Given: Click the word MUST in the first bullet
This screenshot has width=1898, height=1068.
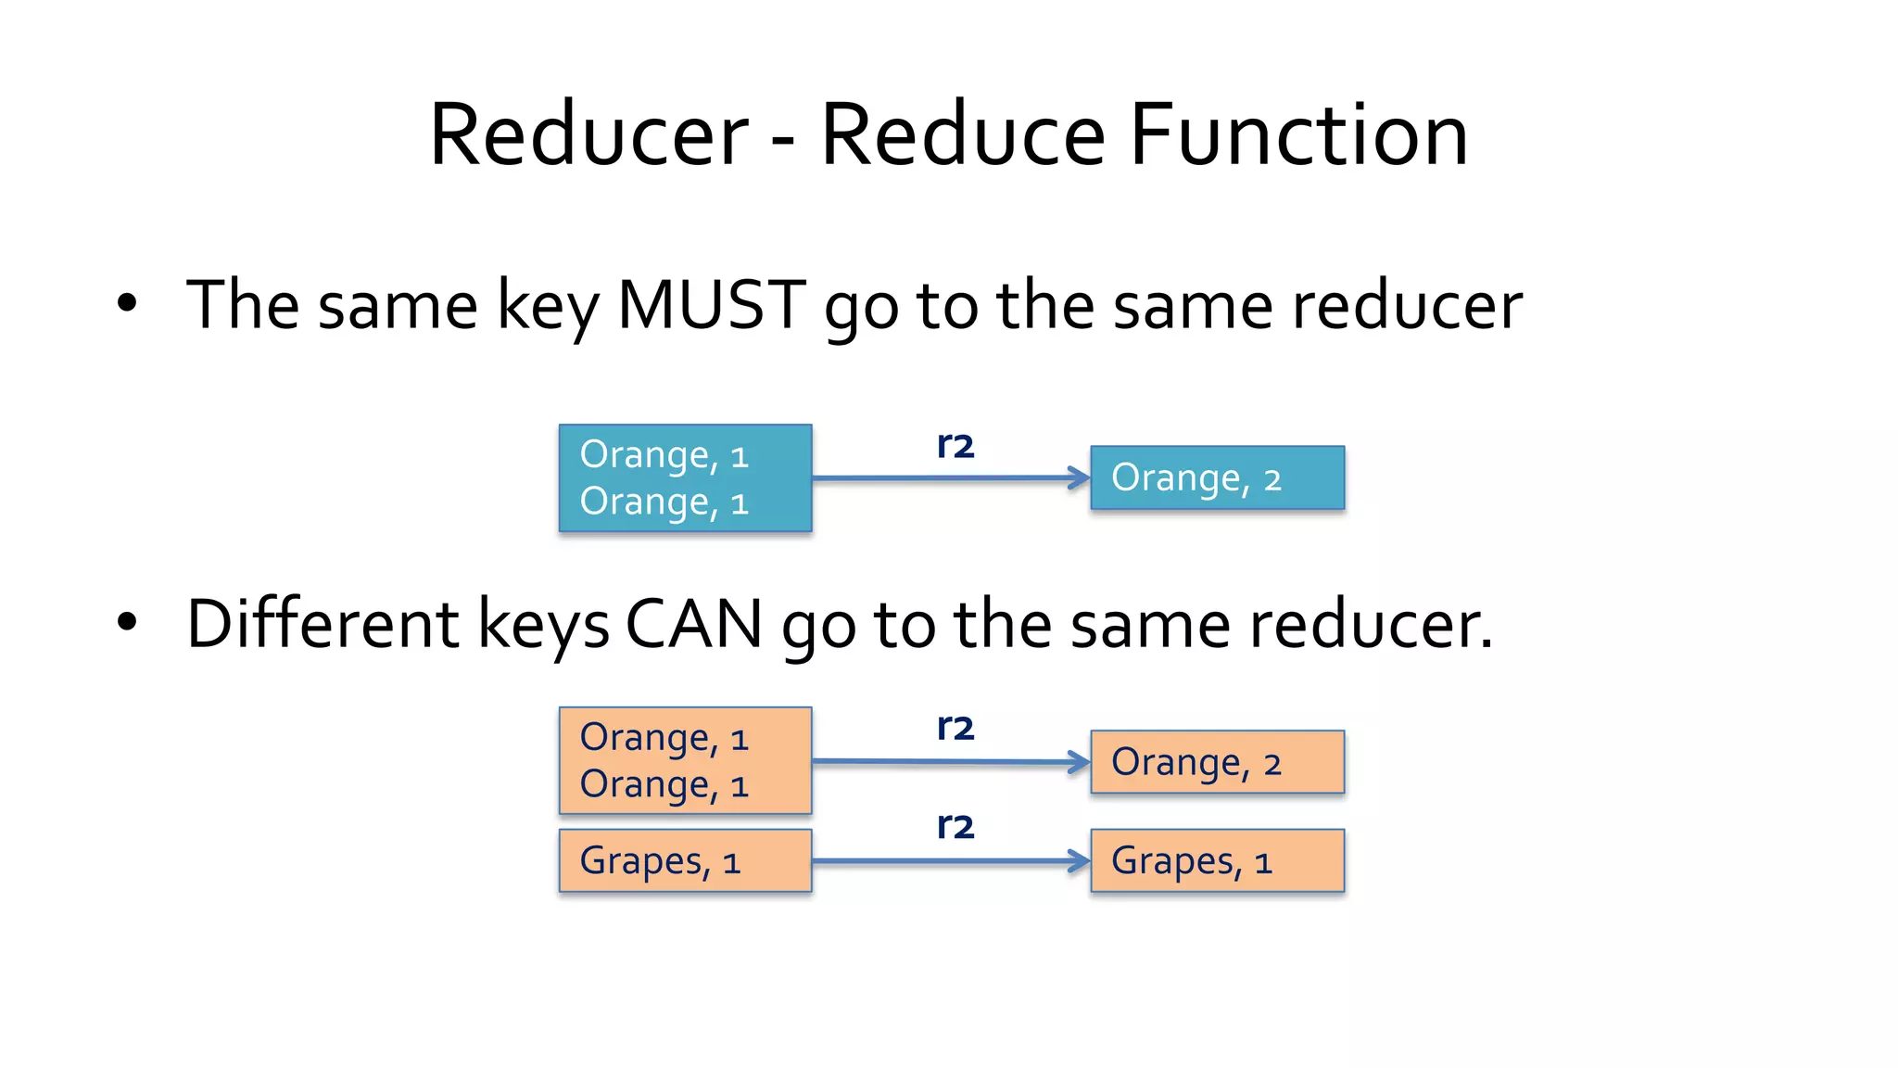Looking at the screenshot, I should click(x=712, y=305).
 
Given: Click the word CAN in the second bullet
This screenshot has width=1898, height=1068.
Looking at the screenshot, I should click(x=693, y=624).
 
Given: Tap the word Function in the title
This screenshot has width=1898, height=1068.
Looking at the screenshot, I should click(x=1298, y=135).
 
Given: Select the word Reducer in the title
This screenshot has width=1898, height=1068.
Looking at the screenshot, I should click(x=588, y=135).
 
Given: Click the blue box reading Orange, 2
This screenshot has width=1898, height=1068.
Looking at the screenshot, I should click(x=1217, y=478).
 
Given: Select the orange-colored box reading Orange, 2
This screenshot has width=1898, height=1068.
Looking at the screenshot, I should click(x=1217, y=762).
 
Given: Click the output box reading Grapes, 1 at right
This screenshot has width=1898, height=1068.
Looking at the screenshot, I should click(x=1217, y=861).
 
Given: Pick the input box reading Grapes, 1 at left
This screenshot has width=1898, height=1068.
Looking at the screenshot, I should click(x=685, y=861).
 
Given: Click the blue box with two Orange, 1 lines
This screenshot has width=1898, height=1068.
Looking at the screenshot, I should click(x=685, y=478).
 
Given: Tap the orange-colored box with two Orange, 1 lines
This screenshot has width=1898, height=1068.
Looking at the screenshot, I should click(x=685, y=761).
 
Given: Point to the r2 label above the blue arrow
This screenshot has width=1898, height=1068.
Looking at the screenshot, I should click(x=955, y=446).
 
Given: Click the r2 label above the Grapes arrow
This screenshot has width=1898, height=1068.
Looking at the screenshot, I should click(x=955, y=826).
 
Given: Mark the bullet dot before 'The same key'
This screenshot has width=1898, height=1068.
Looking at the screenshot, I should click(x=127, y=303).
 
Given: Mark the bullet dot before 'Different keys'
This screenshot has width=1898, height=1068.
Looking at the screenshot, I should click(x=127, y=623).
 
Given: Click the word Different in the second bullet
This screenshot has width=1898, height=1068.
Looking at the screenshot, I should click(x=323, y=624).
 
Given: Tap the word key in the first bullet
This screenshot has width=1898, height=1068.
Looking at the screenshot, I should click(x=548, y=307).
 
